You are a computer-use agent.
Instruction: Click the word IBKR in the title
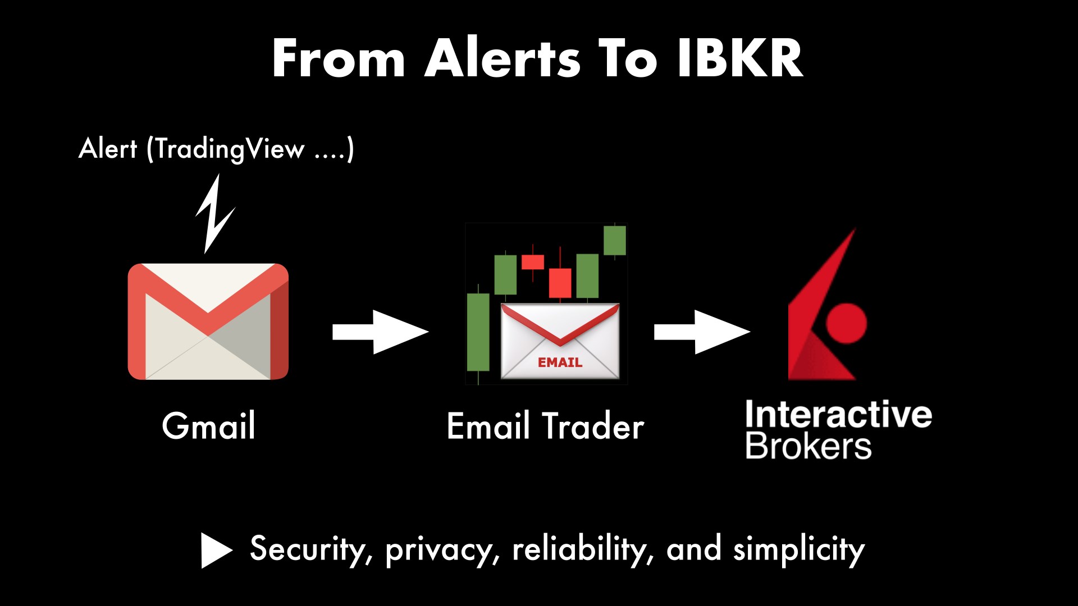coord(740,58)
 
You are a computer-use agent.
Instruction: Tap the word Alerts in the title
coord(503,58)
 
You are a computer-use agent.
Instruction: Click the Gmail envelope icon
coord(208,322)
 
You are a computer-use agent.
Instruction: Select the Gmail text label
coord(209,425)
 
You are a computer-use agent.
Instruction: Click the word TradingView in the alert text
coord(229,149)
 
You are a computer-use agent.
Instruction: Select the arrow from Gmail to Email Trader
coord(381,332)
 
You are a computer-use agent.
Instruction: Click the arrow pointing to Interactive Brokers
coord(702,332)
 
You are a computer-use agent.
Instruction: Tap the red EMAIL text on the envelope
coord(560,362)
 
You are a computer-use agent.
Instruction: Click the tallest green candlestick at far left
coord(478,332)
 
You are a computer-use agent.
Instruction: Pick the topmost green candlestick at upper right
coord(615,240)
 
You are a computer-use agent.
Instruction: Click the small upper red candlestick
coord(533,262)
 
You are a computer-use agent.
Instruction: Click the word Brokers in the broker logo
coord(808,446)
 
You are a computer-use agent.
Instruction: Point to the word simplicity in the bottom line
coord(799,549)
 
